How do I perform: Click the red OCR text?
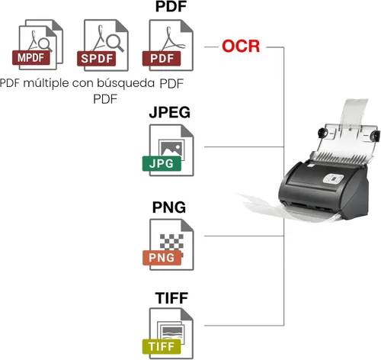241,47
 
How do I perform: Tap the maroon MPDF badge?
31,58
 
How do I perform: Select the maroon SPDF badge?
97,59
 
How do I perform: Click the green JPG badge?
162,163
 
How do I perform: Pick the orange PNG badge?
162,258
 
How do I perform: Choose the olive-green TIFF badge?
162,346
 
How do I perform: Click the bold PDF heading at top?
171,6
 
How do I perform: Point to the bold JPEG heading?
170,112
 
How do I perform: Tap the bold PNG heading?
169,207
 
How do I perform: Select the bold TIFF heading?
171,297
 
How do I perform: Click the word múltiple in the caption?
46,83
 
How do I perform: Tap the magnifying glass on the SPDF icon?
114,42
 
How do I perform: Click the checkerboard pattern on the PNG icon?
171,242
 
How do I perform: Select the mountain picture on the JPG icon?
171,149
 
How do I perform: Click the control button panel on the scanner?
333,178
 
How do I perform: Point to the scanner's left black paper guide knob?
322,133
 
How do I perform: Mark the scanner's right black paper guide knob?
375,136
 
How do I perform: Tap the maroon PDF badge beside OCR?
162,59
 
